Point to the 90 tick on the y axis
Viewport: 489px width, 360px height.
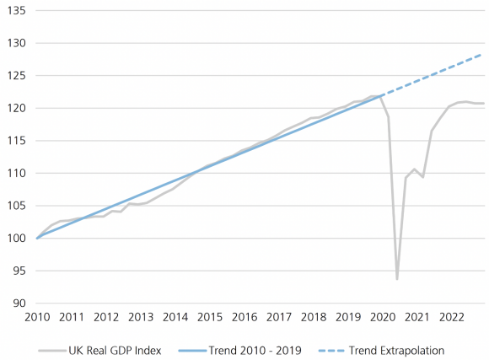(18, 304)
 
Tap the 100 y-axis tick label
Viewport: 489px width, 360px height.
(15, 239)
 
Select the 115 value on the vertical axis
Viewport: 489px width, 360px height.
(15, 141)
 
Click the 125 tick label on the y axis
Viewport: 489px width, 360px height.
(15, 76)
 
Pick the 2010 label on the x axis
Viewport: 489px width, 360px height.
(37, 318)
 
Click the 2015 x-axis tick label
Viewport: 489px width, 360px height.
(209, 318)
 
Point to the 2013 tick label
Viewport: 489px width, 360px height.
(140, 318)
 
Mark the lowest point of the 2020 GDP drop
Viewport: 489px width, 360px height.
(396, 279)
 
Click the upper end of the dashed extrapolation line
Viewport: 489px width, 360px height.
(483, 54)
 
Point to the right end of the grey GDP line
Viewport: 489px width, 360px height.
(483, 104)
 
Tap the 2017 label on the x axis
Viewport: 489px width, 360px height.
(278, 318)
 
